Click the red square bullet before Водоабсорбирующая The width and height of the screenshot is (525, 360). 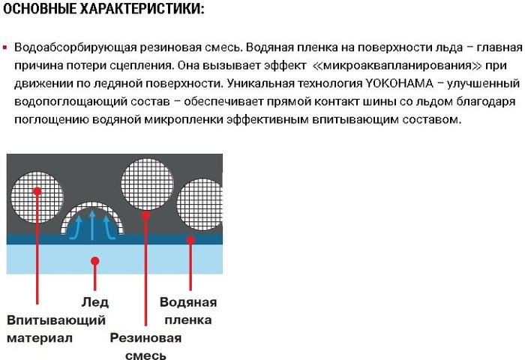click(4, 47)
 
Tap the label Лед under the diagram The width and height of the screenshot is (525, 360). click(94, 302)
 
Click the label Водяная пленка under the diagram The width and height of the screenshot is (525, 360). click(188, 310)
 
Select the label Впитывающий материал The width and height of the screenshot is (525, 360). click(56, 328)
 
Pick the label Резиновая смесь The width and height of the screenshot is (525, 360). click(145, 345)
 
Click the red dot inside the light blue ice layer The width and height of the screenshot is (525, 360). click(95, 261)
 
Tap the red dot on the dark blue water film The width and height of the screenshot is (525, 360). click(190, 240)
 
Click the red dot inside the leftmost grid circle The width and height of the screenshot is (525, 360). click(37, 191)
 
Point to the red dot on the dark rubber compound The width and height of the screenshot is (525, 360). click(145, 215)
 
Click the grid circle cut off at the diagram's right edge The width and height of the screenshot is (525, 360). click(199, 204)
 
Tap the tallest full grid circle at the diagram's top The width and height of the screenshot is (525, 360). click(147, 184)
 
